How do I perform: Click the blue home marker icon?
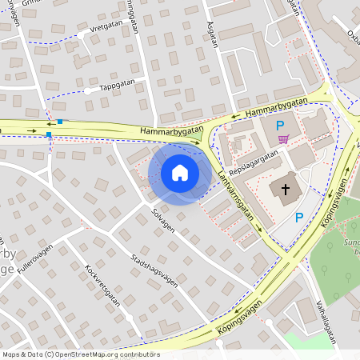tap(180, 173)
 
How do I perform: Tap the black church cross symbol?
tap(286, 189)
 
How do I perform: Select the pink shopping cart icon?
tap(283, 139)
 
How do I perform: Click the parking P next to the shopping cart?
tap(280, 125)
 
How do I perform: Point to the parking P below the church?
tap(299, 217)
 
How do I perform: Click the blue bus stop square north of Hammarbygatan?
tap(59, 122)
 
